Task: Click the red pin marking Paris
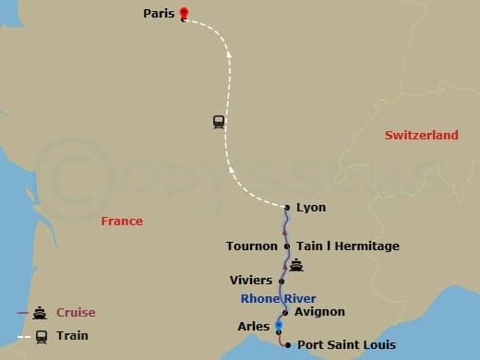(x=184, y=14)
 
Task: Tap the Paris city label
(x=159, y=14)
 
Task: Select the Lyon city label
(x=310, y=208)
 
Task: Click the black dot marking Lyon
(x=287, y=208)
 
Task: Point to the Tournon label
(x=251, y=246)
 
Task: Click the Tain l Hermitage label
(x=347, y=246)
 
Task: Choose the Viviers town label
(x=250, y=280)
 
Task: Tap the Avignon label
(x=319, y=312)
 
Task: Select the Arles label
(x=254, y=326)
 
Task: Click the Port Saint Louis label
(x=346, y=345)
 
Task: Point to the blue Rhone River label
(x=278, y=298)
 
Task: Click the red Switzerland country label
(x=421, y=136)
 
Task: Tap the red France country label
(x=122, y=222)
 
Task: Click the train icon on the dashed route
(x=219, y=121)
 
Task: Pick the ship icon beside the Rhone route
(x=296, y=266)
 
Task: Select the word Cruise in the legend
(x=75, y=312)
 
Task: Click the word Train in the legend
(x=72, y=335)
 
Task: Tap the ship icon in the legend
(x=40, y=313)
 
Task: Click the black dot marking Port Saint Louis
(x=288, y=345)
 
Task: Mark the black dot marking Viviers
(x=281, y=280)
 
